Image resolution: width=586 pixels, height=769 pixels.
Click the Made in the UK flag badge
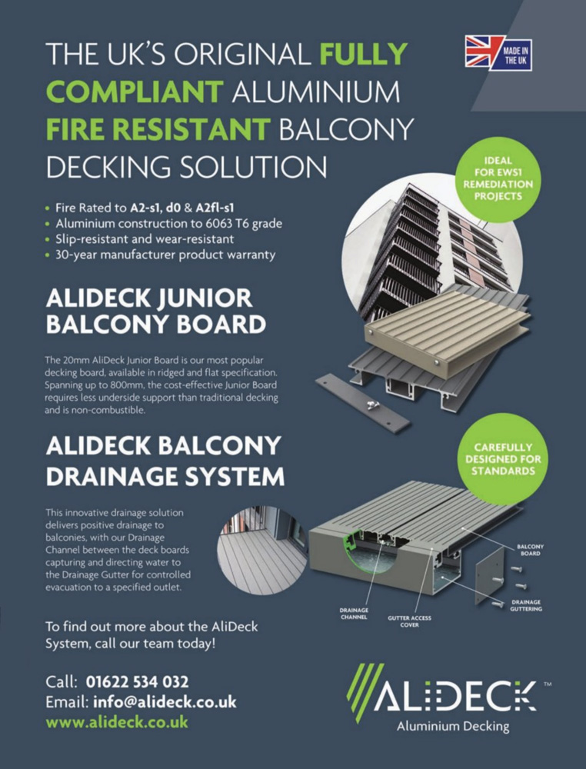pos(498,53)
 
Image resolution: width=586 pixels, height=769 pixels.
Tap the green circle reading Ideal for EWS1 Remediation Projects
pos(498,179)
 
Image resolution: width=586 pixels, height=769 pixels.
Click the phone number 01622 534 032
pos(137,681)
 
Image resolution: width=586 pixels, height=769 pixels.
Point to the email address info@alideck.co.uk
pos(165,702)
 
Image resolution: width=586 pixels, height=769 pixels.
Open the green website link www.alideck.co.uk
pos(117,722)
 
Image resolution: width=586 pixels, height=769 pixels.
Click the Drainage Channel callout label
pos(354,614)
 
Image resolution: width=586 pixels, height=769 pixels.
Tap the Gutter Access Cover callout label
pos(409,621)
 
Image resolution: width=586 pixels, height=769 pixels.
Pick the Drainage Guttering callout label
pos(526,605)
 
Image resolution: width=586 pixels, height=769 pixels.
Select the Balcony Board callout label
pos(530,550)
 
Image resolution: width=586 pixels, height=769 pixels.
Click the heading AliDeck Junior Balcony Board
pos(156,311)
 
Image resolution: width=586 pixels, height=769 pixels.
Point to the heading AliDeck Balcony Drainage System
pos(165,461)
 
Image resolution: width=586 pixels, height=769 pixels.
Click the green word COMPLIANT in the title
pos(135,92)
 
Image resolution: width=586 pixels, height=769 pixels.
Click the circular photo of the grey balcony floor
pos(263,551)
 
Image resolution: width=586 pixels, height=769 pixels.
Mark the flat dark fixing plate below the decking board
pos(364,403)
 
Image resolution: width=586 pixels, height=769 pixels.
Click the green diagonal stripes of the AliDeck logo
pos(364,693)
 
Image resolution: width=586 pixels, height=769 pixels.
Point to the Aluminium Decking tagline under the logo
pos(453,727)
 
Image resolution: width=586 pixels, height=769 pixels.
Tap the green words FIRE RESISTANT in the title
pos(158,129)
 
